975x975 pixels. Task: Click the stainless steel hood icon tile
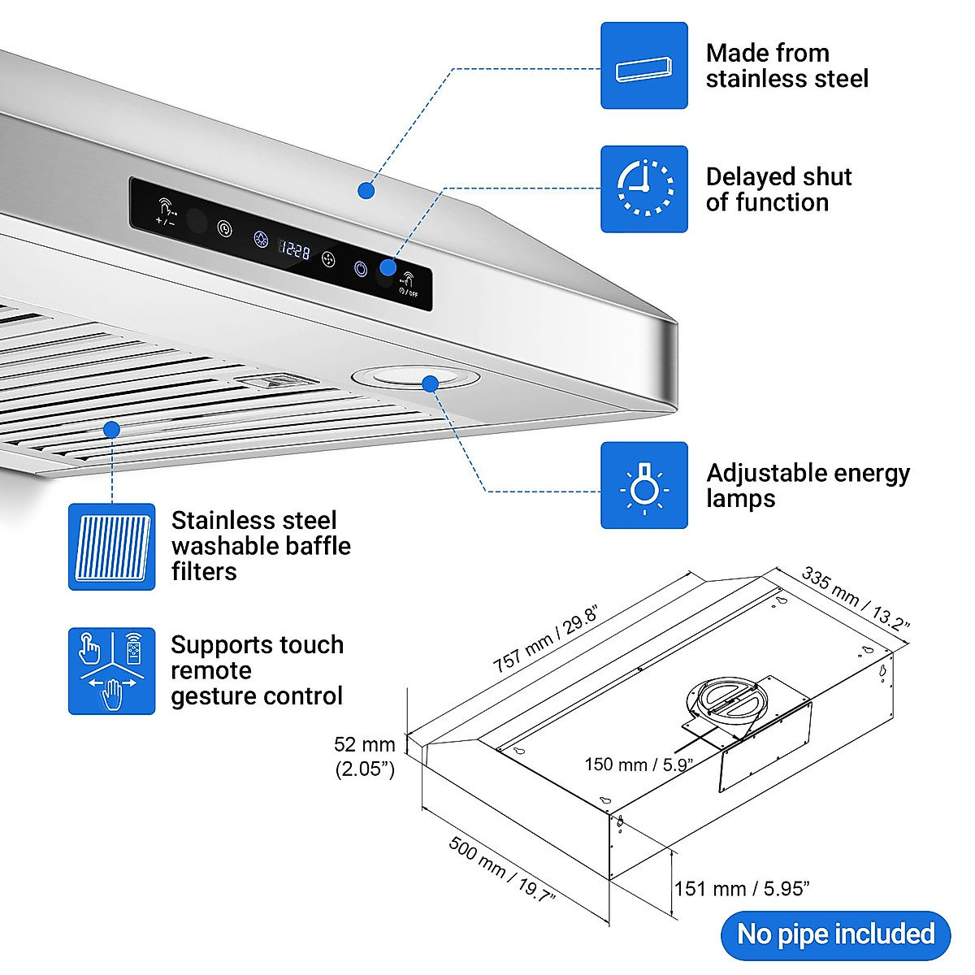click(643, 66)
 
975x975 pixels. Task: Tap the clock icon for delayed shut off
click(643, 189)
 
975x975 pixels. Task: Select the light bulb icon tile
click(643, 486)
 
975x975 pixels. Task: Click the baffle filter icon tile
click(111, 547)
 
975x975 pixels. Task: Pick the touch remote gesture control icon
click(111, 671)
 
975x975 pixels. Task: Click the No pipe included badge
click(835, 934)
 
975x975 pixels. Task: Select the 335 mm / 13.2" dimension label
click(855, 599)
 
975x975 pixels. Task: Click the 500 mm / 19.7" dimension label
click(501, 870)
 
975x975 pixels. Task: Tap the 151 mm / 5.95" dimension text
click(741, 889)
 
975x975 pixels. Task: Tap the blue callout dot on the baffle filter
click(112, 429)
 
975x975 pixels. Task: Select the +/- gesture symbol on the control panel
click(166, 211)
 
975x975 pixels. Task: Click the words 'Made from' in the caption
click(767, 53)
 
